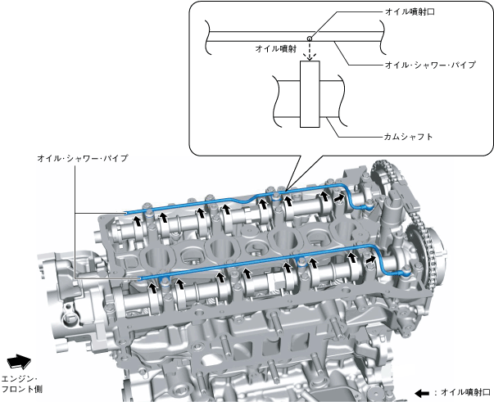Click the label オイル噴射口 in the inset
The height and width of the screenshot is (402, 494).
click(x=410, y=12)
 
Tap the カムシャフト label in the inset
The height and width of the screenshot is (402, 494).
click(x=408, y=137)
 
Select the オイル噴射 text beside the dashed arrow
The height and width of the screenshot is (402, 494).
click(x=275, y=49)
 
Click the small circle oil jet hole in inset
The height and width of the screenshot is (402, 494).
click(x=310, y=38)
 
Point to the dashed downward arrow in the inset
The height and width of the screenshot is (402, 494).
click(x=310, y=51)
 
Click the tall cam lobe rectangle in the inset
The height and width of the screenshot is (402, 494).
click(x=310, y=94)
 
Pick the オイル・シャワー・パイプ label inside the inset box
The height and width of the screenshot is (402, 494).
click(x=430, y=65)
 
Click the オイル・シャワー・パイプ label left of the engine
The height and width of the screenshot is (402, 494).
click(x=83, y=158)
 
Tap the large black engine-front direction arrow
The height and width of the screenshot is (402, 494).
click(x=19, y=362)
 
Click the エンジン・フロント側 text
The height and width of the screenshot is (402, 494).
click(x=21, y=384)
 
